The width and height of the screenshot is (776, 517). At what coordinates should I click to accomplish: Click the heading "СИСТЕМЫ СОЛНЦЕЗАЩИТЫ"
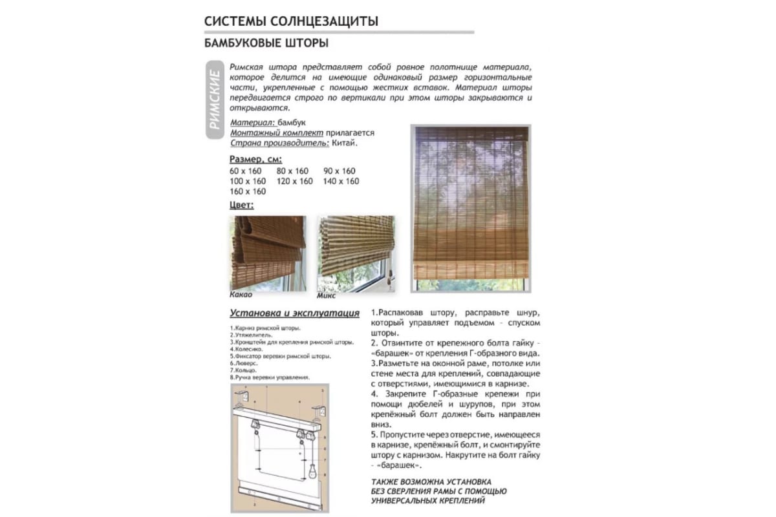[291, 21]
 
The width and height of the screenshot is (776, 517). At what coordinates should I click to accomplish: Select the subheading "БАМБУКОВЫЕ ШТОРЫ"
[266, 44]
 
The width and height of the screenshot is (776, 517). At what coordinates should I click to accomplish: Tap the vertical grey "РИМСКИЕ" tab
[216, 100]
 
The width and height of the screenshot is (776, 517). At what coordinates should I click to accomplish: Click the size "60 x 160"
[246, 171]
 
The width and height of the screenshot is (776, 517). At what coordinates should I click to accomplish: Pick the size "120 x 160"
[294, 182]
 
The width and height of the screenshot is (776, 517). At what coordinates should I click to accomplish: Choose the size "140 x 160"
[341, 182]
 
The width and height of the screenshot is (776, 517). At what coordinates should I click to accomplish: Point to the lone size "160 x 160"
[247, 192]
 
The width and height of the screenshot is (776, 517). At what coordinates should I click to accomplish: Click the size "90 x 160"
[340, 171]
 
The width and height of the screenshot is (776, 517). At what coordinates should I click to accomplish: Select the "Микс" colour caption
[326, 295]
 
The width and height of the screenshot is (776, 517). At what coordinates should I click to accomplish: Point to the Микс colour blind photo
[356, 253]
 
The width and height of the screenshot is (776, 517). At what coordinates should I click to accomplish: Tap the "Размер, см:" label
[255, 160]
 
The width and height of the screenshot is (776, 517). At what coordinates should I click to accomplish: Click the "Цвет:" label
[242, 205]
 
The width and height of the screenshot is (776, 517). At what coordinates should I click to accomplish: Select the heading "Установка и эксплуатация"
[295, 313]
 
